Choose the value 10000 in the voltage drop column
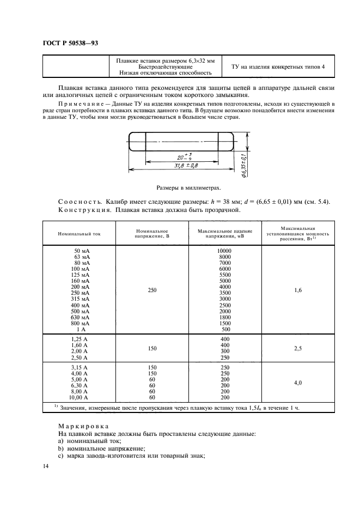224,251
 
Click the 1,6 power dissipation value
298,290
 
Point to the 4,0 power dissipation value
298,383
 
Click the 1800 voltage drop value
225,317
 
